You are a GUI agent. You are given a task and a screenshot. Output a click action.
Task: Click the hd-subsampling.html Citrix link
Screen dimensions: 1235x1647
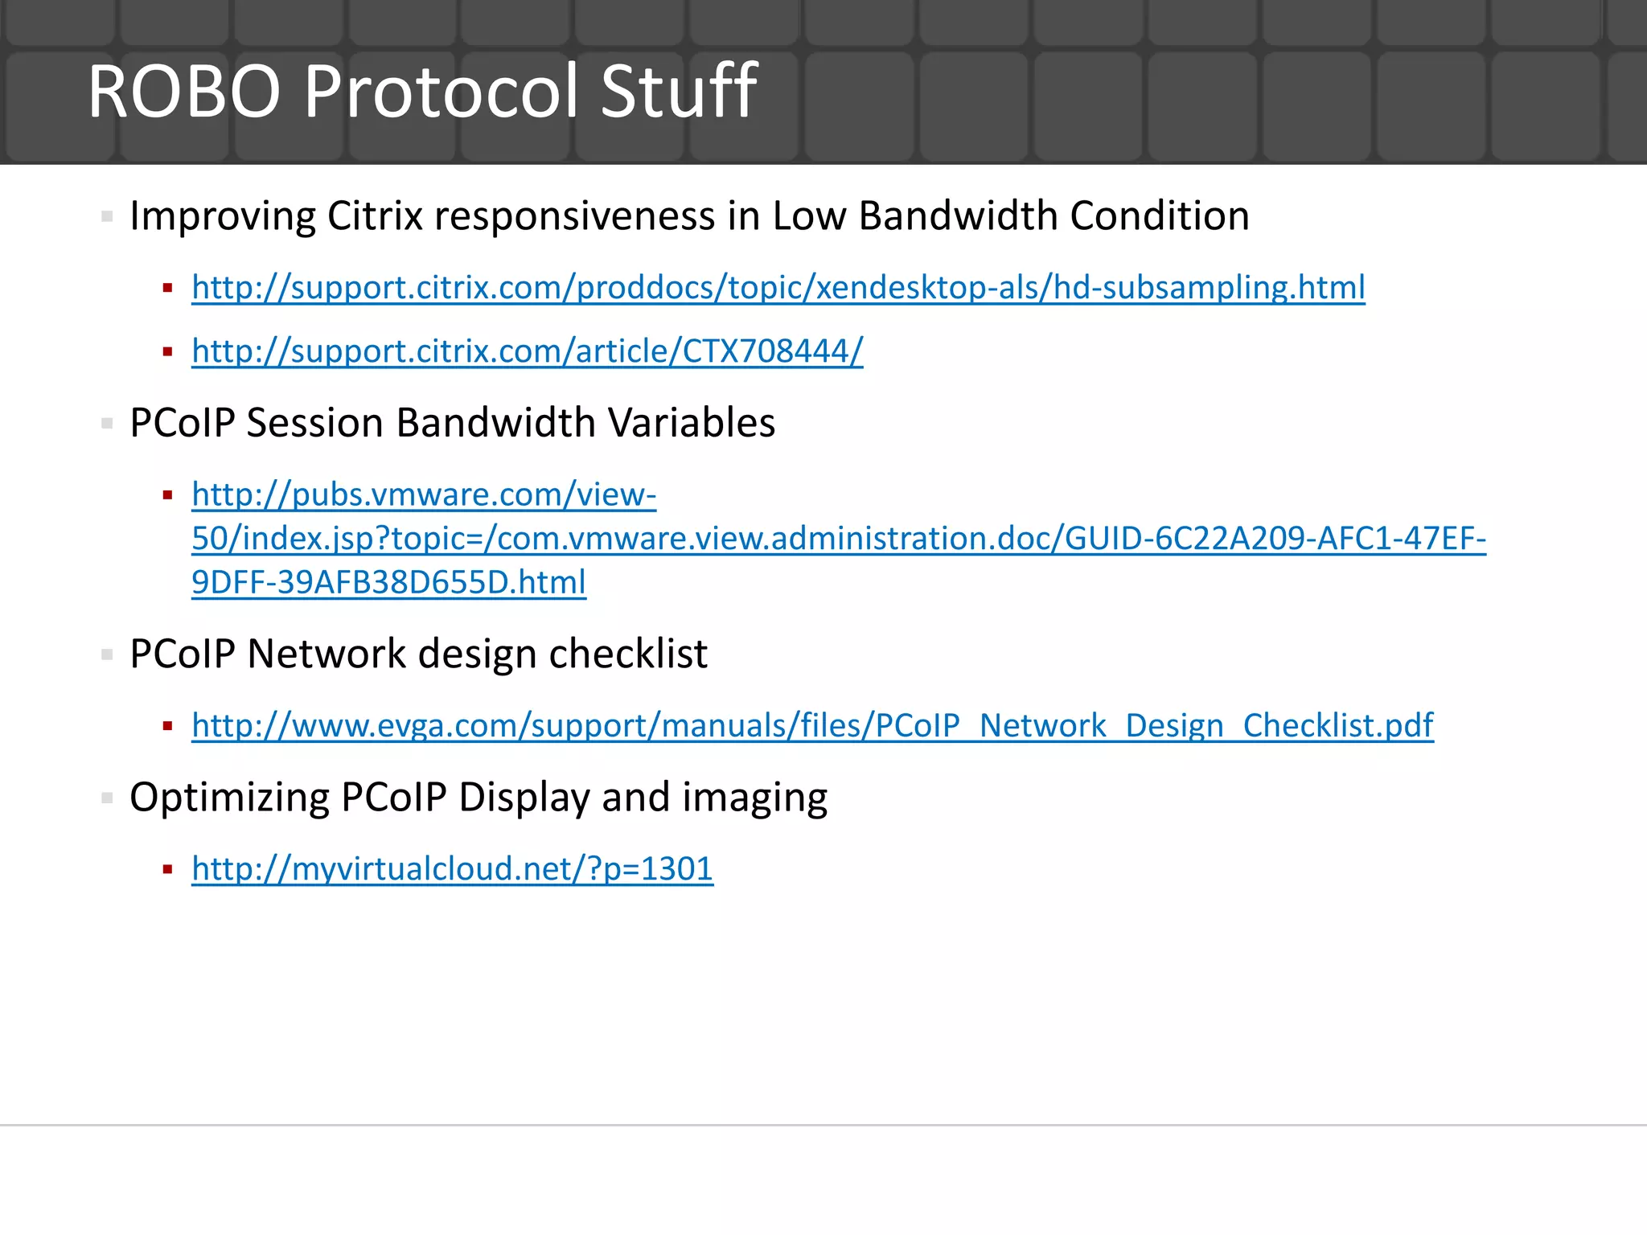point(778,287)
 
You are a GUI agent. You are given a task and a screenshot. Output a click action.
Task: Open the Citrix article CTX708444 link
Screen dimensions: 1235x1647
point(527,351)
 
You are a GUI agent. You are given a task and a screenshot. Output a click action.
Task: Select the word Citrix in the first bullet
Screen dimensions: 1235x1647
point(375,215)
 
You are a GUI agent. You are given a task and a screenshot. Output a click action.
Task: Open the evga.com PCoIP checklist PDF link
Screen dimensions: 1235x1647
point(812,725)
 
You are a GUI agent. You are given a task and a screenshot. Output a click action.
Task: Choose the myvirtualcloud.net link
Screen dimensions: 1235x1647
point(452,868)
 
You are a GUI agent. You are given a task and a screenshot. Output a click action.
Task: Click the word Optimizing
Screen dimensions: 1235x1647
point(228,798)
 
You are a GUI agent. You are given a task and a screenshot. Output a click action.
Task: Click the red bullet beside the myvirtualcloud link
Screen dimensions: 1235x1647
point(168,869)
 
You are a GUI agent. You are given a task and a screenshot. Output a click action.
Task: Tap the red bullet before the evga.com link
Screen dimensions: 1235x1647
point(168,726)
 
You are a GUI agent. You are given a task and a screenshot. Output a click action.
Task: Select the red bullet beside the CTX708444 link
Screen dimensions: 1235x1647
point(168,351)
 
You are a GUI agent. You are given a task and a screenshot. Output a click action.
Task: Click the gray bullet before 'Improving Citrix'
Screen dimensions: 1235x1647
point(107,216)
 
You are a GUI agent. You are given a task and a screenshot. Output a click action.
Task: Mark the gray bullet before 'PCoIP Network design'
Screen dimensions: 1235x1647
point(107,654)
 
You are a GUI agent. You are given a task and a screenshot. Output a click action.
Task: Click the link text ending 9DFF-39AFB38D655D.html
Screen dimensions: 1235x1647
point(388,582)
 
